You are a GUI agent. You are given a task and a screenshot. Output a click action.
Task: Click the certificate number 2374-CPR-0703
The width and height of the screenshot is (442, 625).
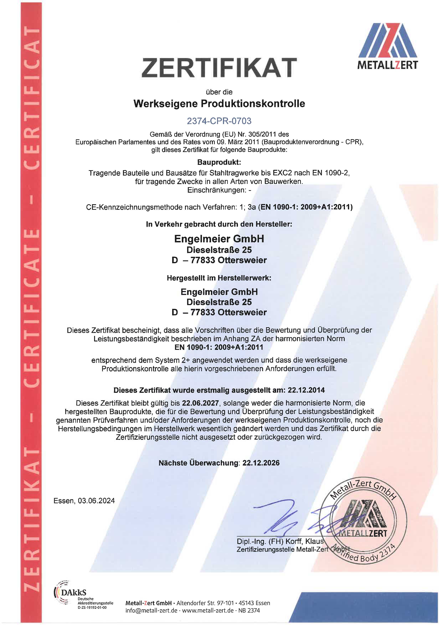point(219,121)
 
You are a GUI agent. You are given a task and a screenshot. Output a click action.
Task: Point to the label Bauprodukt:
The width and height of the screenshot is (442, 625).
point(219,163)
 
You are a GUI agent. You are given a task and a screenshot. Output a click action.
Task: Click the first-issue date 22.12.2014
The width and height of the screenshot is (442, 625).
point(306,390)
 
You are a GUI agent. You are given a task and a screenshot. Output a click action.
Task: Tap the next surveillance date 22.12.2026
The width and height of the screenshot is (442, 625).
point(261,463)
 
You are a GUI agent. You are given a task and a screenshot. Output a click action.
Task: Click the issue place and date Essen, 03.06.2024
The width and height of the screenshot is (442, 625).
point(84,501)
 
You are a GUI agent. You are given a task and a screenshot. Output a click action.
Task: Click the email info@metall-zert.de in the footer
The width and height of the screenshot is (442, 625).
point(151,611)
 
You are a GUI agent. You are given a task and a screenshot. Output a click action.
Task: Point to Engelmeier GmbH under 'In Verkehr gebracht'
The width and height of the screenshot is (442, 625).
point(219,239)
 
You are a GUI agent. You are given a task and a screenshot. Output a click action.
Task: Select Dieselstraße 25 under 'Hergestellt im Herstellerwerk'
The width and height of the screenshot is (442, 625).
point(219,302)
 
